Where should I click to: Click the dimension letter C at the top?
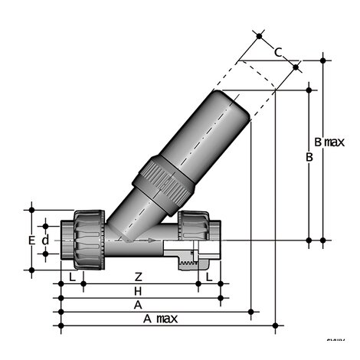coord(278,52)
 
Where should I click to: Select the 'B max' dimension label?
coord(329,142)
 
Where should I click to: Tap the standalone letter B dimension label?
coord(309,157)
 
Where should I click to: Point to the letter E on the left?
coord(31,240)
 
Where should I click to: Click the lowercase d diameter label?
coord(45,240)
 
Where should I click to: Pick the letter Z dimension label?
coord(138,276)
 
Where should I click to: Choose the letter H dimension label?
coord(138,291)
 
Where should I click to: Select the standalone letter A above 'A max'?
coord(138,305)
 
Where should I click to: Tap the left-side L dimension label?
coord(72,276)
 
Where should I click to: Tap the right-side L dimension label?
coord(208,276)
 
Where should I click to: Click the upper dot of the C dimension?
coord(260,35)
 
